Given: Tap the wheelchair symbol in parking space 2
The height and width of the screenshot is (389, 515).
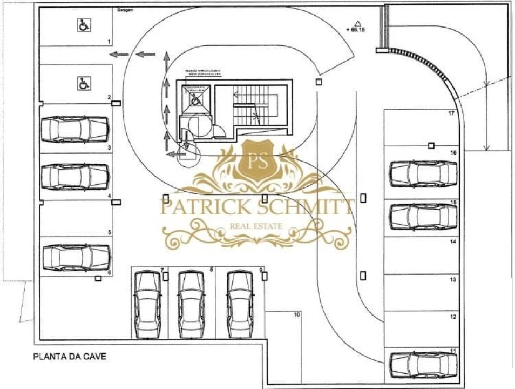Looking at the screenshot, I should pos(84,83).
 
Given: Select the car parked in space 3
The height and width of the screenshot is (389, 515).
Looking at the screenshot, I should pos(76,128).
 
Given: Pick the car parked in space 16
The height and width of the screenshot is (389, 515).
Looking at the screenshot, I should pos(423,173).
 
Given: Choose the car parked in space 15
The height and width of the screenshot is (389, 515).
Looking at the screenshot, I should pos(423,216).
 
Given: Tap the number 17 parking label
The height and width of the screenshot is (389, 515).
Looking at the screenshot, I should pos(451,113).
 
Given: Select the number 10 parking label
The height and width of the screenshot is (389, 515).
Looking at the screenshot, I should pos(296,314).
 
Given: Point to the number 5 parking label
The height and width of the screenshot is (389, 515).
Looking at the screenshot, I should pos(110,232).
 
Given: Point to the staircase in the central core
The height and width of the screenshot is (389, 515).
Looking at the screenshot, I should pos(254,105).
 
